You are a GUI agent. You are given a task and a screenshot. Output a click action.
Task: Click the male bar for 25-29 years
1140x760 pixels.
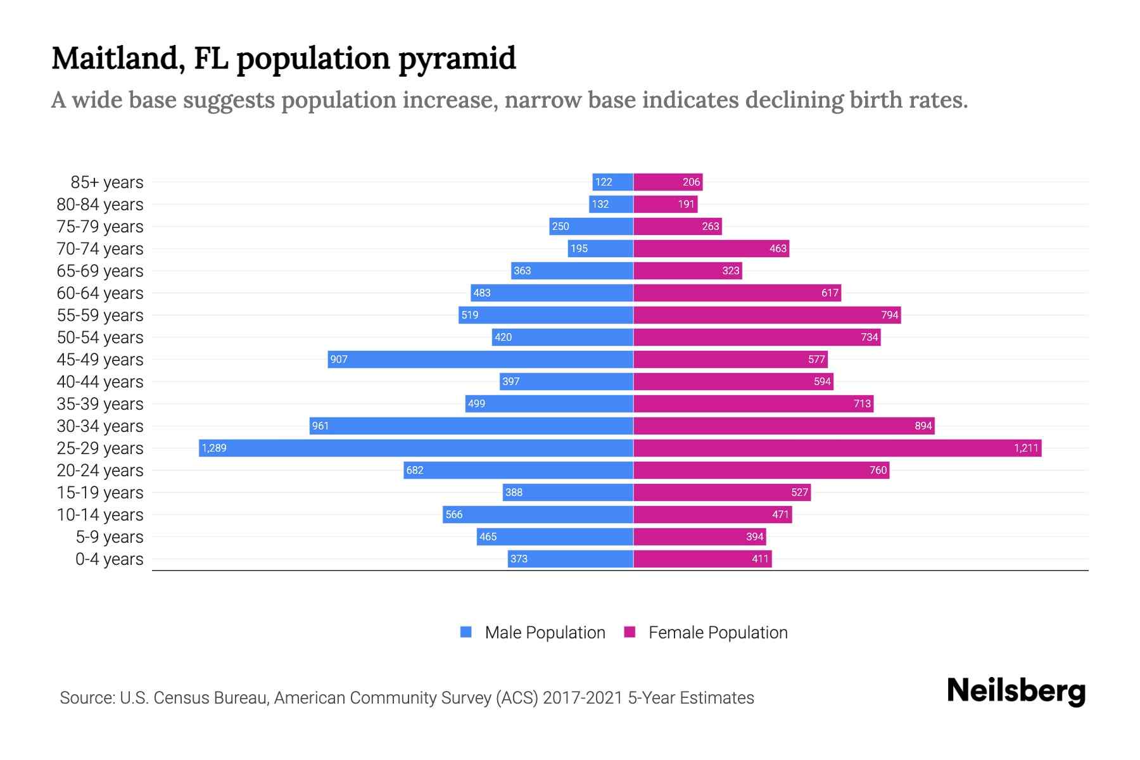[416, 448]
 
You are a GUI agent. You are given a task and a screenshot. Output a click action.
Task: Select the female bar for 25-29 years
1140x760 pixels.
[837, 448]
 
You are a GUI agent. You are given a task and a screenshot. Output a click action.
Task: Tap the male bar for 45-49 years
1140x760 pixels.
[481, 360]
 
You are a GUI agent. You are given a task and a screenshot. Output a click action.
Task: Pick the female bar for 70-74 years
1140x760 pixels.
[711, 249]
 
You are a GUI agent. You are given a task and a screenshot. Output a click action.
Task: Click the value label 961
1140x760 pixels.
[320, 426]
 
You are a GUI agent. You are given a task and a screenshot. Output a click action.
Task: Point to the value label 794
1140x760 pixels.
[889, 315]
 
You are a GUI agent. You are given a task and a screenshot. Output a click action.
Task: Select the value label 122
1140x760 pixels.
[604, 182]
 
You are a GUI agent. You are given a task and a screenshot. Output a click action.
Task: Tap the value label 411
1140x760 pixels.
[760, 559]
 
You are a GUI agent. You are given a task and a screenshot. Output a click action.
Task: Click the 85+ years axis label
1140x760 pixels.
[107, 182]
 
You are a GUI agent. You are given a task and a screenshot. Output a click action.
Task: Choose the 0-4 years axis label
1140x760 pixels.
[110, 559]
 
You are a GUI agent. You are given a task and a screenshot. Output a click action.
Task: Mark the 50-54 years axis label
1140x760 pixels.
[100, 338]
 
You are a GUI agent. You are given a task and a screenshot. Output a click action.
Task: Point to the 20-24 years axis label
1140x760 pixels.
[100, 471]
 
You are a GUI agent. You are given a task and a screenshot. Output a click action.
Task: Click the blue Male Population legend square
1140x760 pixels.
[466, 632]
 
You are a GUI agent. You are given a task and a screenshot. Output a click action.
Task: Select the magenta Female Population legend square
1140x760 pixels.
[630, 632]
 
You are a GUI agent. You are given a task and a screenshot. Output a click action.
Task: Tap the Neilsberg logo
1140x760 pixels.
[1016, 691]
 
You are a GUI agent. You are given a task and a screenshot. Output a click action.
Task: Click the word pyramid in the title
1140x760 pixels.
[457, 59]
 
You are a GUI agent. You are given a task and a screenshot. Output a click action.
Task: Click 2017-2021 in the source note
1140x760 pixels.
[583, 698]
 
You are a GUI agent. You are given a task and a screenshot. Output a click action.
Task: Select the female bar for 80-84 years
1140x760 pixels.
[665, 205]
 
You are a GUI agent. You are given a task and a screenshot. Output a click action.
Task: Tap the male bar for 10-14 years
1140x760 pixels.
[538, 515]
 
